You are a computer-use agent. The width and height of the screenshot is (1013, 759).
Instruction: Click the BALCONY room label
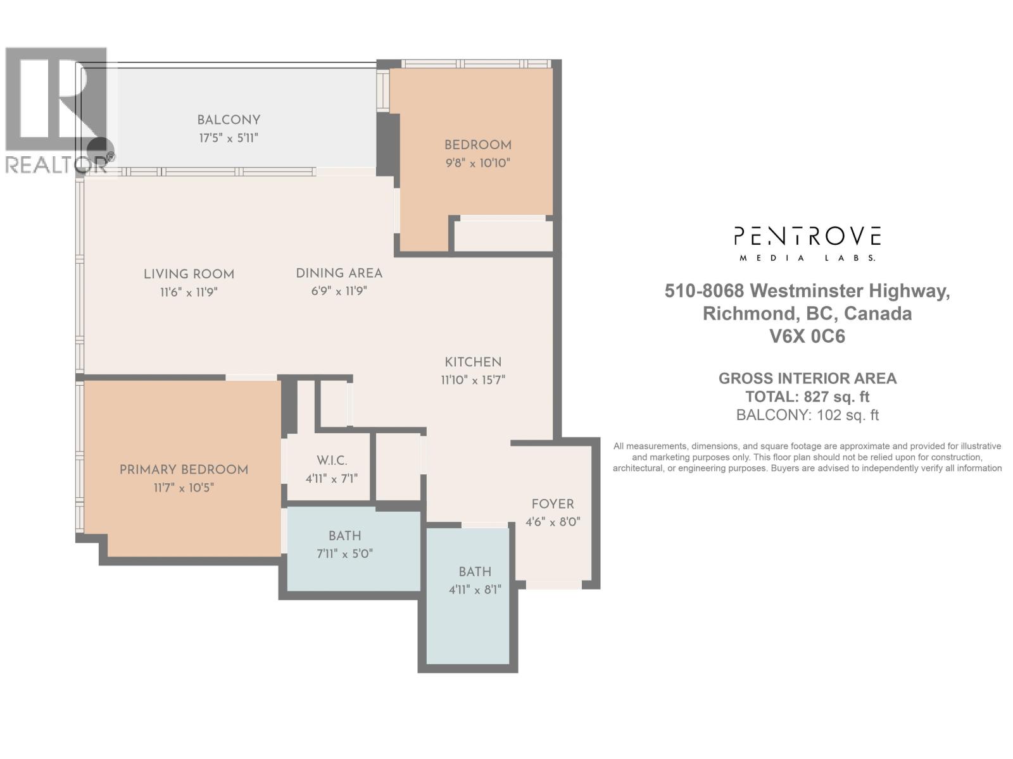click(229, 120)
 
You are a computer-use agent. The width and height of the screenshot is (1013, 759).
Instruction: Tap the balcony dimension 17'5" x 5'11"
click(229, 138)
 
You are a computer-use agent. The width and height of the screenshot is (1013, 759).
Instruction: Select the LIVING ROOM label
click(189, 274)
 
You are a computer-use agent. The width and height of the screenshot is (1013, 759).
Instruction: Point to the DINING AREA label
click(339, 273)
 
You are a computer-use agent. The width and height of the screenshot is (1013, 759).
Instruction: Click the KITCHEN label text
click(473, 362)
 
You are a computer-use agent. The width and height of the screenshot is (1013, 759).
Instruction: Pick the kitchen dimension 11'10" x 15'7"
click(473, 380)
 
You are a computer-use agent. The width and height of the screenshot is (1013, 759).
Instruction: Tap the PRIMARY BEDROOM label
click(184, 469)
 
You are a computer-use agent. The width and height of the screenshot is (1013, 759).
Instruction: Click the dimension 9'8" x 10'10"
click(477, 163)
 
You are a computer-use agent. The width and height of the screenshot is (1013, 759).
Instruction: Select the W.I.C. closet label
click(332, 460)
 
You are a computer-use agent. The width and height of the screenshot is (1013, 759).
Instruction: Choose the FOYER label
click(553, 504)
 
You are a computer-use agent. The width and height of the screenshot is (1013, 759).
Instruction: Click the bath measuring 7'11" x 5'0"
click(345, 545)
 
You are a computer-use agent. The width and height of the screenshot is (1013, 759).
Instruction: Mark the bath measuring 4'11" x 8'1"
click(475, 581)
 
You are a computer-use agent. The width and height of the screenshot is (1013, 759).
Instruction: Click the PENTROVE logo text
click(807, 237)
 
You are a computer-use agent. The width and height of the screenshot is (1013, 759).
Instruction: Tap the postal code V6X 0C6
click(807, 336)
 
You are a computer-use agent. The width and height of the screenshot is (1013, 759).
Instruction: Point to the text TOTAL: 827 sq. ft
click(807, 397)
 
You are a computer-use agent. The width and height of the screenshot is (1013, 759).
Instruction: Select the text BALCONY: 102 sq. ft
click(807, 415)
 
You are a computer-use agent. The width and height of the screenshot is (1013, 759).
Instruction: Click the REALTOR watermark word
click(56, 164)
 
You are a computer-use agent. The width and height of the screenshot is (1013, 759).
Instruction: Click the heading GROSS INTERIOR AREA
click(807, 378)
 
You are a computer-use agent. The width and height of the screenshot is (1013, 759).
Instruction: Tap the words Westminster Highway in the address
click(850, 291)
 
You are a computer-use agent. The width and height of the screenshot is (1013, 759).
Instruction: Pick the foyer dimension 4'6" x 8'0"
click(553, 522)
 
